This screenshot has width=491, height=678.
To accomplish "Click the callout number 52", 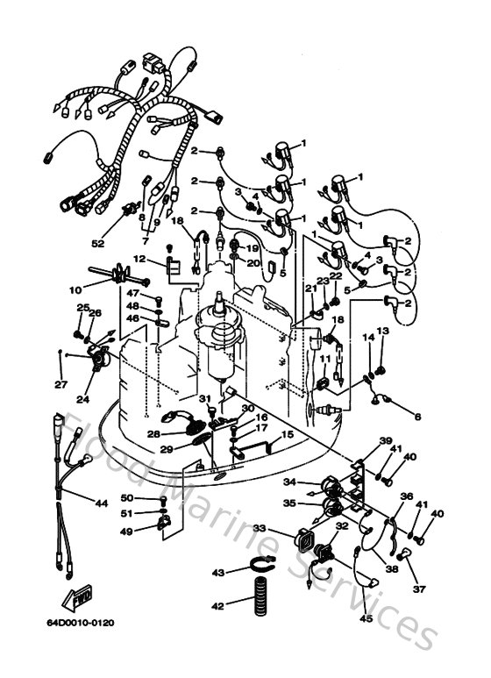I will pyautogui.click(x=98, y=243).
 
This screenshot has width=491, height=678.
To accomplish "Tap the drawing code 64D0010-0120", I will pyautogui.click(x=89, y=623).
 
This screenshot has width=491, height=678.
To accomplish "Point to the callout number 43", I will pyautogui.click(x=218, y=573).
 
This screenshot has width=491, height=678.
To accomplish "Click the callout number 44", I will pyautogui.click(x=101, y=503).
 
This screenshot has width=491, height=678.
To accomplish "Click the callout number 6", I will pyautogui.click(x=416, y=416).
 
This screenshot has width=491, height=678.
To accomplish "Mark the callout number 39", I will pyautogui.click(x=385, y=441).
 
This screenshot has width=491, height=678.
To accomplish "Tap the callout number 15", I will pyautogui.click(x=286, y=436).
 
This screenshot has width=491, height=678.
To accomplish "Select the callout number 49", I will pyautogui.click(x=127, y=531).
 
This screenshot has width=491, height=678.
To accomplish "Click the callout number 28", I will pyautogui.click(x=154, y=433).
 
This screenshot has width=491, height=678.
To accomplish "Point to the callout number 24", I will pyautogui.click(x=83, y=399).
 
